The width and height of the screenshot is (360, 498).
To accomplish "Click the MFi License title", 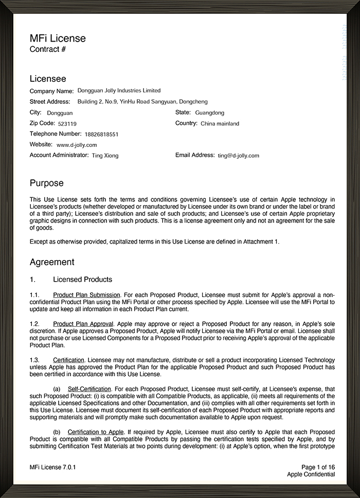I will coord(58,39).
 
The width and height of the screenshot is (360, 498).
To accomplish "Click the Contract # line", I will coord(48,50).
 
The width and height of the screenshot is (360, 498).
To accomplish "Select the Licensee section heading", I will coord(48,79).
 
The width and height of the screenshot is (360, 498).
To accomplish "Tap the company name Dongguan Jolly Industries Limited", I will coord(119,91).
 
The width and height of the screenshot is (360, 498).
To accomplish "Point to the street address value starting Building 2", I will coord(142,102).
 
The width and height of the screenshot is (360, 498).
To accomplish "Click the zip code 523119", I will coord(67,124).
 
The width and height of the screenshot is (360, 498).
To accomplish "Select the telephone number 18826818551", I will coord(101,135).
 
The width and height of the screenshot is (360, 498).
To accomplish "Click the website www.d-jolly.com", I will coord(77,145).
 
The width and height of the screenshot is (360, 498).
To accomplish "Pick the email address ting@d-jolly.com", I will coord(239,155).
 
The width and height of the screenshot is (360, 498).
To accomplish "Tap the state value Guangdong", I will coord(210,113).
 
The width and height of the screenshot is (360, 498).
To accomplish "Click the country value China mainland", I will coord(220,124).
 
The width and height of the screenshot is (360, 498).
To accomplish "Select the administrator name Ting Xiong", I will coord(105,155).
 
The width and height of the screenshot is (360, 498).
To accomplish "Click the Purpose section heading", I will coord(47,183).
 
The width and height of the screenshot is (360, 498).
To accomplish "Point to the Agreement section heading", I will coord(52,262).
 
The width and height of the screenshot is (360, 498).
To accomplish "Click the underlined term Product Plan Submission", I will coord(86,295).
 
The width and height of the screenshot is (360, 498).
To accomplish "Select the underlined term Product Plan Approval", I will coord(83,324).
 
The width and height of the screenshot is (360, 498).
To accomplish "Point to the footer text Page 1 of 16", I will coord(318,467).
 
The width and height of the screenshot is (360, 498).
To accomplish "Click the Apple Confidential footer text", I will coord(311,474).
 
